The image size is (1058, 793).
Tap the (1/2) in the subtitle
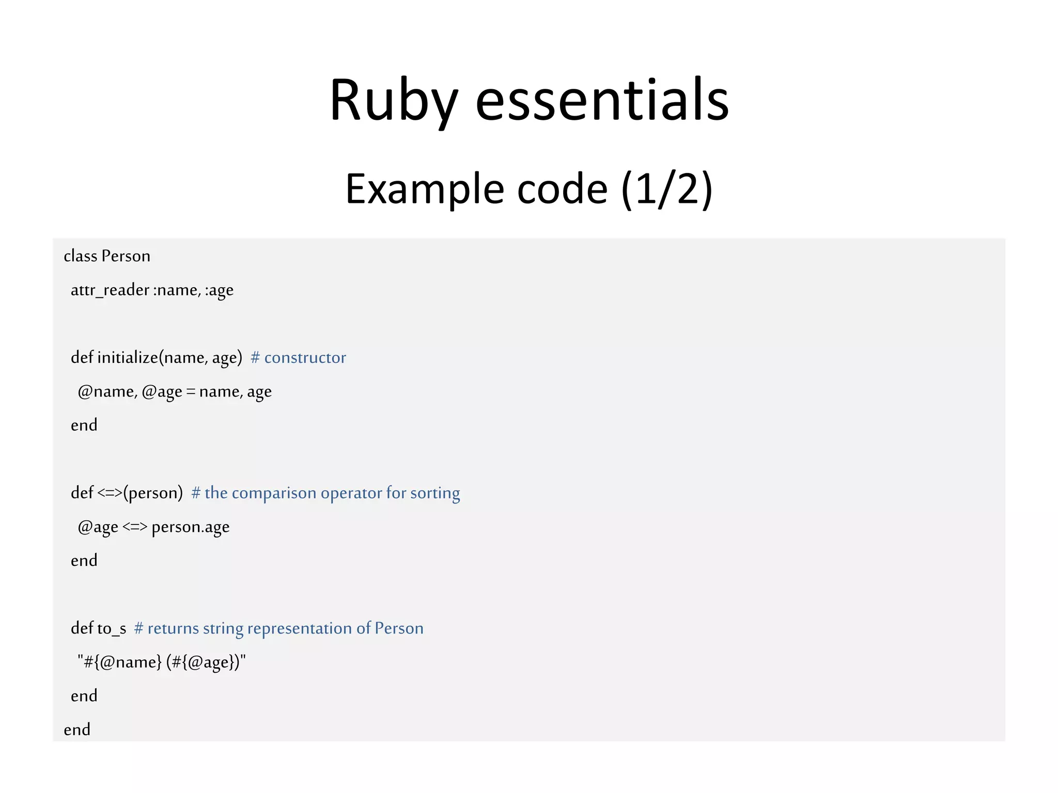[x=667, y=189]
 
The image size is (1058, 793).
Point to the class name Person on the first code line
[x=126, y=256]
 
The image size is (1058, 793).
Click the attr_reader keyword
[x=110, y=290]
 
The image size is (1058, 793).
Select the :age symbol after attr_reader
[x=219, y=291]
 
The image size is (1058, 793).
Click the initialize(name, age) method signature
[x=169, y=358]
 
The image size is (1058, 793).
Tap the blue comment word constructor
[x=305, y=358]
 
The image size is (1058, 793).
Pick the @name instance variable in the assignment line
[x=107, y=392]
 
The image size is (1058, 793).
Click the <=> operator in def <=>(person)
[x=110, y=493]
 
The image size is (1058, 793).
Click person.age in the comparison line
[x=191, y=527]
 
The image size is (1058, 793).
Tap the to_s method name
[x=112, y=628]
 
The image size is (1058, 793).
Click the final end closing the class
[x=77, y=729]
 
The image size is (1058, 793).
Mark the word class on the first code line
[x=80, y=256]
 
